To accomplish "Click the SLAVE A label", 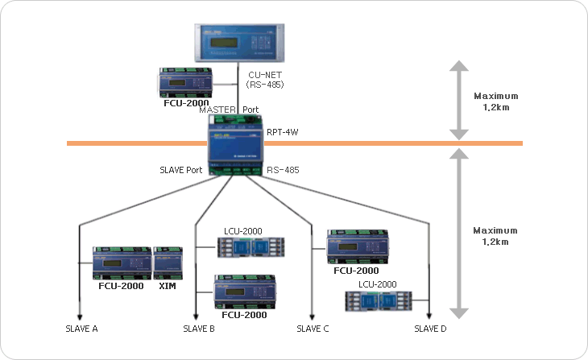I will pos(82,329).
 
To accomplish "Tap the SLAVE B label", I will pos(199,329).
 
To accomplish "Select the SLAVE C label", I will pos(313,329).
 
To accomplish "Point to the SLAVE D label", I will pos(431,329).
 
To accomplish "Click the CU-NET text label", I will pos(263,75).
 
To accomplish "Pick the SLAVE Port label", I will pos(180,170).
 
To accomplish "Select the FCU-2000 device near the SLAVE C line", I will pos(357,247).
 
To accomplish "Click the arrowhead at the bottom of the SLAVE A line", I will pos(78,317).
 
